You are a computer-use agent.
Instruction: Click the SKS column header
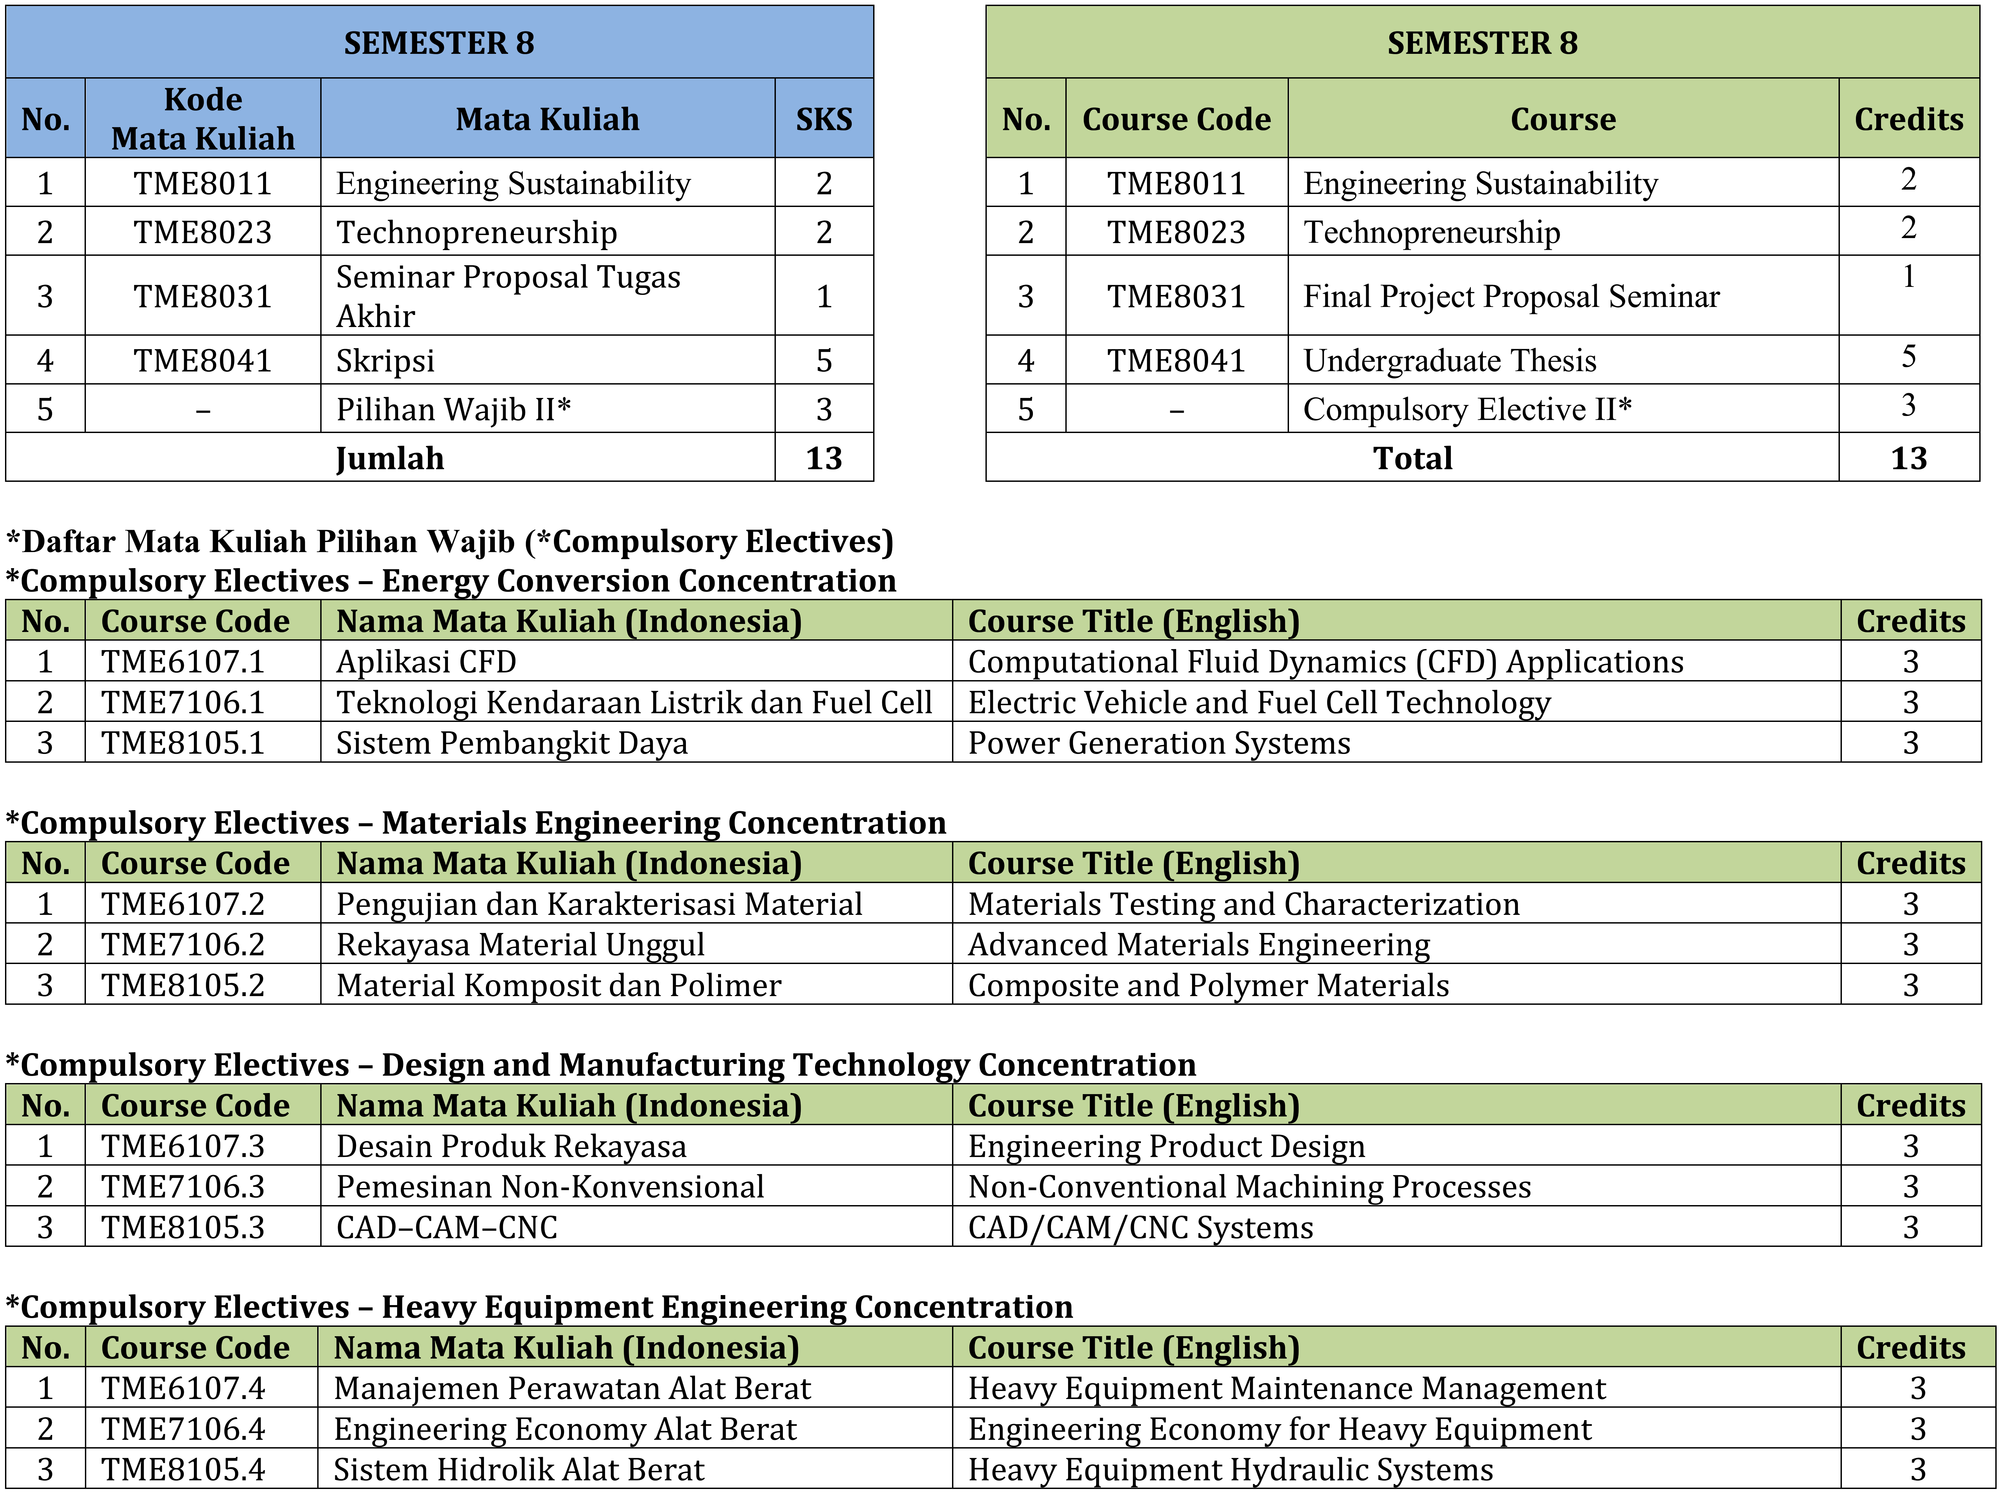tap(823, 119)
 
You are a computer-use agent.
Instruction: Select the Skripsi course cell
tap(386, 360)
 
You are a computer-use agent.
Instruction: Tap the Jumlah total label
tap(389, 458)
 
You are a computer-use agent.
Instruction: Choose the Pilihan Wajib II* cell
tap(453, 409)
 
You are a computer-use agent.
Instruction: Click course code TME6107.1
tap(183, 662)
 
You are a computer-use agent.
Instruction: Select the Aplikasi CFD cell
tap(426, 662)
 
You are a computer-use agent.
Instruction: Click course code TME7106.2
tap(183, 945)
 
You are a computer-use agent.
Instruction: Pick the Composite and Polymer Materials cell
tap(1208, 985)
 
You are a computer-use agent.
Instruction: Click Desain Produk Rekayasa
tap(511, 1147)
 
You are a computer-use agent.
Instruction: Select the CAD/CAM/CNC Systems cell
tap(1140, 1227)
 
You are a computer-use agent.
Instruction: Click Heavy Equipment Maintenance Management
tap(1286, 1388)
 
